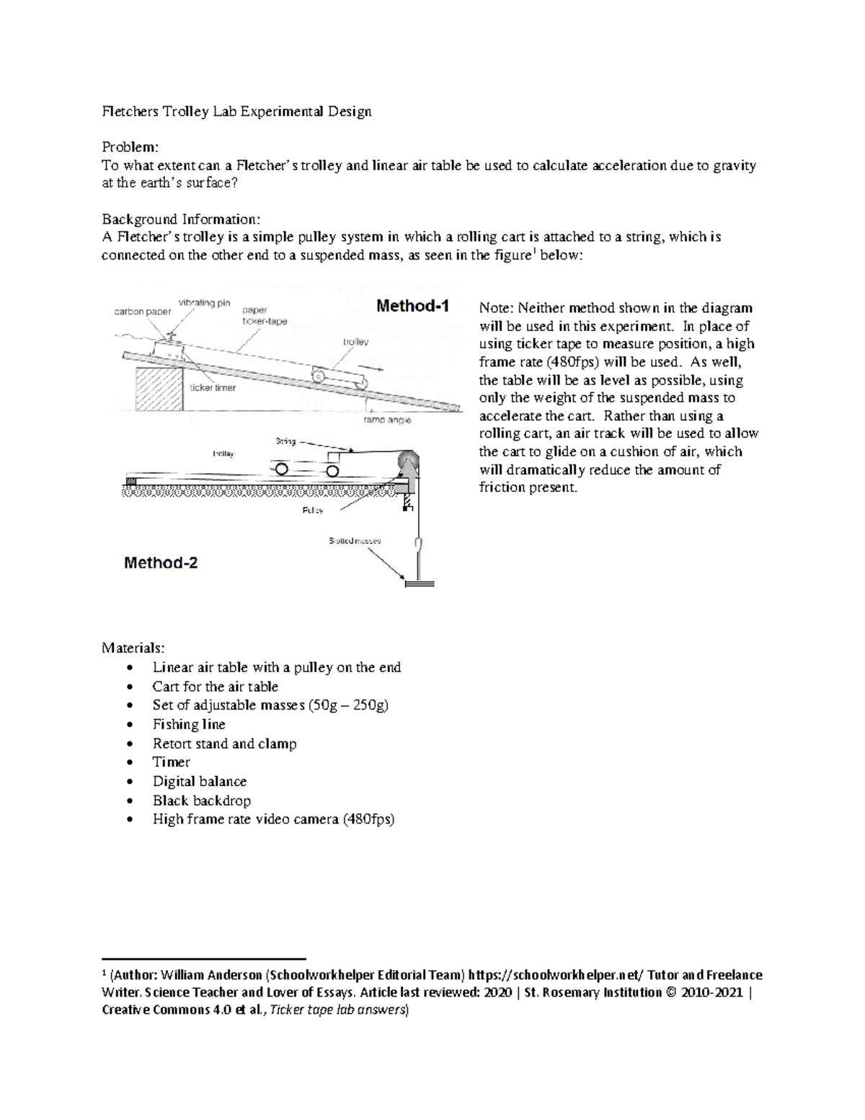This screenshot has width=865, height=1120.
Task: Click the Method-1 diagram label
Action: click(412, 307)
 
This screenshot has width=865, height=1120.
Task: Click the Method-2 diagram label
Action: click(161, 563)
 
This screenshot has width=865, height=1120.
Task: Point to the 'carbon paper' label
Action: click(143, 312)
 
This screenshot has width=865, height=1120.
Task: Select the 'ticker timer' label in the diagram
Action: click(213, 387)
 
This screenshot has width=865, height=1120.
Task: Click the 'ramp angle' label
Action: click(387, 420)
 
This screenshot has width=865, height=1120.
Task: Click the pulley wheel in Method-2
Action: click(408, 464)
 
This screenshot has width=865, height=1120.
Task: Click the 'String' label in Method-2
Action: click(286, 441)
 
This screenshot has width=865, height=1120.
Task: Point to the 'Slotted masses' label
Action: click(355, 540)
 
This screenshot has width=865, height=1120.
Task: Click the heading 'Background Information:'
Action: click(181, 219)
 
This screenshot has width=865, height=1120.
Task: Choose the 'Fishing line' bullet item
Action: click(189, 724)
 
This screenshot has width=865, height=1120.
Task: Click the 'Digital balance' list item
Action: click(200, 781)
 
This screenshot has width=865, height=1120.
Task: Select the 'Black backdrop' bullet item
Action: click(202, 801)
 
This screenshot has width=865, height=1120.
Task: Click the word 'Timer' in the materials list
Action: click(172, 762)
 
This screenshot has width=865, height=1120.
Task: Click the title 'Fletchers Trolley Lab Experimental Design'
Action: click(236, 111)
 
